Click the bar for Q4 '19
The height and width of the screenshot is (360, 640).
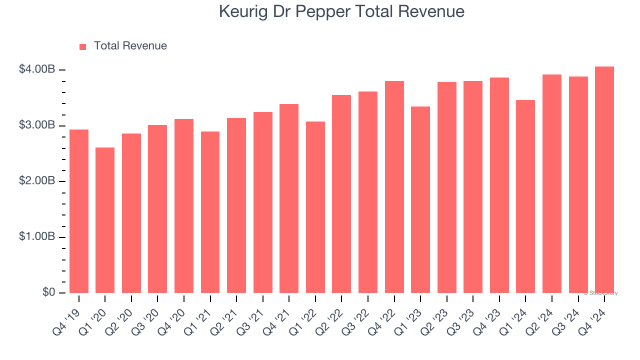point(79,211)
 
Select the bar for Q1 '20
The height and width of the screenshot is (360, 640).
point(105,220)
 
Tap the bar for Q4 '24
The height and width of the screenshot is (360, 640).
point(604,179)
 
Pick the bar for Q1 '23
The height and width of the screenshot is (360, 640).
point(420,199)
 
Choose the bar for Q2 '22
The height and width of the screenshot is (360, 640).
point(341,194)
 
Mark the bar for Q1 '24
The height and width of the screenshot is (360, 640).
point(525,196)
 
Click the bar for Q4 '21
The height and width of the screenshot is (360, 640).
point(289,198)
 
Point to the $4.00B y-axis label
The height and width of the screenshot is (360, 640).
point(36,69)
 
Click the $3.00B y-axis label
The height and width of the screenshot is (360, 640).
point(36,125)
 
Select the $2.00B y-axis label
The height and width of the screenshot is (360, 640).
point(36,181)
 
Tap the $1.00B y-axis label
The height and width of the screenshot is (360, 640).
point(36,236)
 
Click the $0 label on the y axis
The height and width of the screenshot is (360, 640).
point(48,292)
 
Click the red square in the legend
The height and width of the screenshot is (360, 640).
point(83,46)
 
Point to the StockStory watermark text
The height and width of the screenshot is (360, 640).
point(600,293)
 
